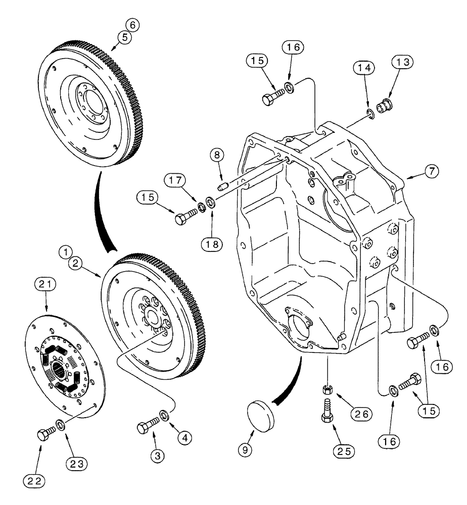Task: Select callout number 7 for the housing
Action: (431, 171)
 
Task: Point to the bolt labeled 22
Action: (42, 434)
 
